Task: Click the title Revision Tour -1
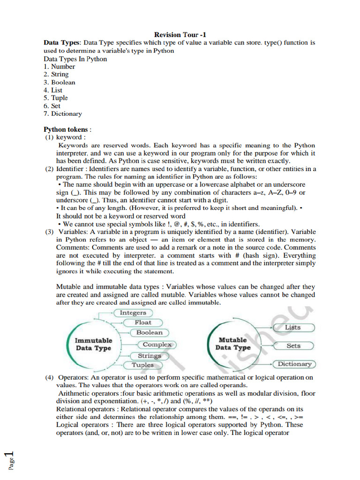[x=180, y=35]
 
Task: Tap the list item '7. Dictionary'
[x=63, y=113]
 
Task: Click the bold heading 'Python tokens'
[x=67, y=129]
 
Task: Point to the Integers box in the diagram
[x=133, y=313]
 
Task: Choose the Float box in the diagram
[x=143, y=322]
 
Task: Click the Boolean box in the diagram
[x=149, y=332]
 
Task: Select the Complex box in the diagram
[x=157, y=345]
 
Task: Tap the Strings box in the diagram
[x=149, y=356]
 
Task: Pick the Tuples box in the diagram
[x=142, y=365]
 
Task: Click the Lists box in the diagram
[x=293, y=327]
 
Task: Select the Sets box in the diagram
[x=293, y=346]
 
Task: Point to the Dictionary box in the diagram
[x=294, y=364]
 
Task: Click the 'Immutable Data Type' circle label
[x=93, y=344]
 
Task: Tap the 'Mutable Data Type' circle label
[x=233, y=344]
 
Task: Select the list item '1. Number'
[x=59, y=67]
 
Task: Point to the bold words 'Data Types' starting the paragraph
[x=62, y=43]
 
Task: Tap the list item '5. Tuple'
[x=56, y=98]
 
